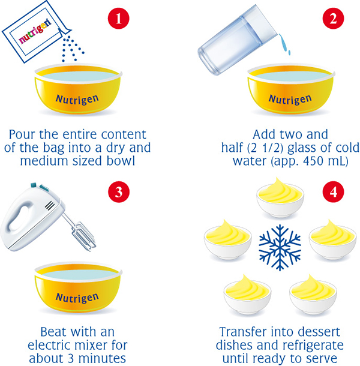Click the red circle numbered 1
coord(119,19)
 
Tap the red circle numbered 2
coord(333,19)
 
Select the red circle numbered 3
coord(119,192)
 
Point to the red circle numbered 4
coord(333,192)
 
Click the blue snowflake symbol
coord(280,248)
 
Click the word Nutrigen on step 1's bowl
coord(77,100)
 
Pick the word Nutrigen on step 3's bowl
coord(77,298)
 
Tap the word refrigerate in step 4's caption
coord(313,345)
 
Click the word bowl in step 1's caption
coord(121,161)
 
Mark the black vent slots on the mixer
coord(50,206)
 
